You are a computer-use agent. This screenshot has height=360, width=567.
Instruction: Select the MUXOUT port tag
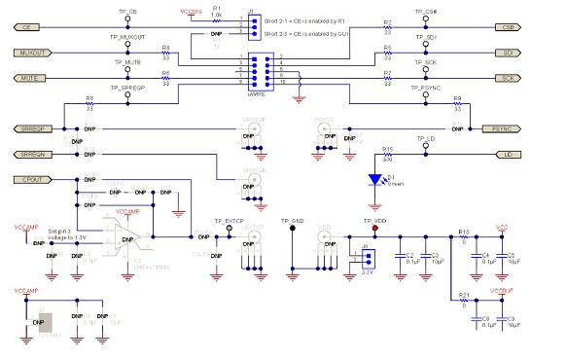[30, 52]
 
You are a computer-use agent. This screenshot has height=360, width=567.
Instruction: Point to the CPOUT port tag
[30, 179]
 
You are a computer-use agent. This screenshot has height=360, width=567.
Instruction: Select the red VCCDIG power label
[192, 11]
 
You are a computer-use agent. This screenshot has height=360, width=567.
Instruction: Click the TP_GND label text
[293, 221]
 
